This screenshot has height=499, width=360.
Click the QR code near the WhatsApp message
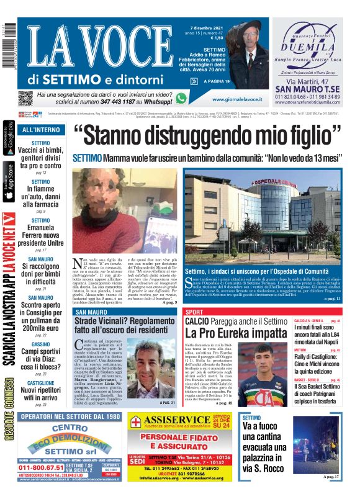pyautogui.click(x=26, y=97)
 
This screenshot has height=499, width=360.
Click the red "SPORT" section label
pyautogui.click(x=194, y=312)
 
